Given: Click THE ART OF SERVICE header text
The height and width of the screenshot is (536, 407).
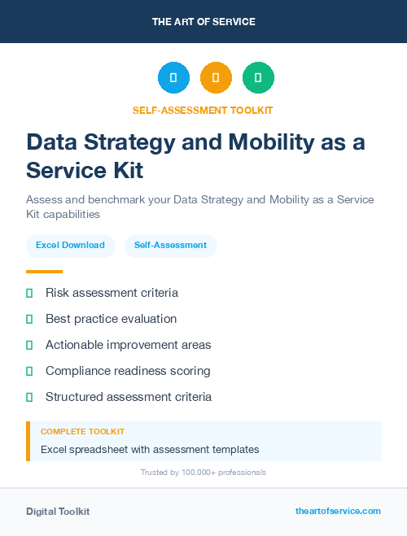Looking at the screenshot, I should [203, 22].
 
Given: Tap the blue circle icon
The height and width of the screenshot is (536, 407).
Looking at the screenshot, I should [173, 78].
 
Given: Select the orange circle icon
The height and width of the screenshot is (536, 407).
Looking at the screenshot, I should [216, 78].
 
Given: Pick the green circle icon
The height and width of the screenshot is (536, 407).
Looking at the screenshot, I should [258, 78].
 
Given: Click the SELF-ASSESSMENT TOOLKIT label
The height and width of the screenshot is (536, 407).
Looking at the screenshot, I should [203, 110].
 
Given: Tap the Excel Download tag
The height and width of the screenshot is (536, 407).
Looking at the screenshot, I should [70, 245].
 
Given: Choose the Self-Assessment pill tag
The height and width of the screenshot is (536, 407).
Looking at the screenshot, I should [170, 245].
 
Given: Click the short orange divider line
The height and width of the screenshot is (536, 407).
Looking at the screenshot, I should [44, 272].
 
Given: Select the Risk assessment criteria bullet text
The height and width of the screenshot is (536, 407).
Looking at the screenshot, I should [112, 293].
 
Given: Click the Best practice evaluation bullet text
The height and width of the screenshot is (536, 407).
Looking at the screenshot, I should [111, 319].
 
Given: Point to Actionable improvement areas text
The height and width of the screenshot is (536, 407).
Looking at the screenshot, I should [128, 345].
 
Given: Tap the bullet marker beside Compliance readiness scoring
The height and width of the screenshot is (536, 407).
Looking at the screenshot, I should [29, 371].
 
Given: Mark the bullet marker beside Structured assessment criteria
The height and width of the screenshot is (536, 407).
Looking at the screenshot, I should [29, 397].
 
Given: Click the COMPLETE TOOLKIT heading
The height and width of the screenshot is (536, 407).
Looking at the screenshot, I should [82, 432].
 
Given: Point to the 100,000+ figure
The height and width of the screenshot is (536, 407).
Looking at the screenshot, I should [198, 473].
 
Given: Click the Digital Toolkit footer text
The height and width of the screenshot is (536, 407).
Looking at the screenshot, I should [58, 512].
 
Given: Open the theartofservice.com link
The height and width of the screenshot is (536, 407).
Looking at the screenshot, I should [338, 511].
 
